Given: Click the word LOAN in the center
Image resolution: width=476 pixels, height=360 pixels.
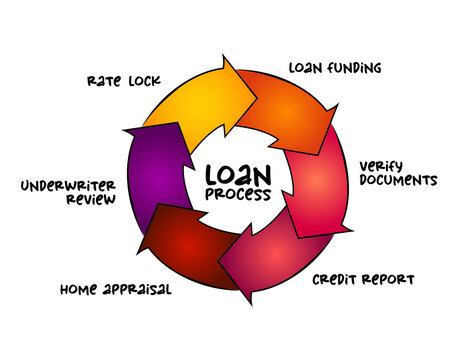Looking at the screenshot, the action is click(236, 170).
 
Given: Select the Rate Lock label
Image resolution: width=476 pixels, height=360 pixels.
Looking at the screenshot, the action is click(123, 80).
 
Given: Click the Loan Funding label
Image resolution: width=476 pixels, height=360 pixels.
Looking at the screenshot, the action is click(335, 69).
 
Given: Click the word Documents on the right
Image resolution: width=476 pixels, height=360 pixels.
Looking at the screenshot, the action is click(399, 181).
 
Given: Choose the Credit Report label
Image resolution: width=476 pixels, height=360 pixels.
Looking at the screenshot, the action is click(362, 278).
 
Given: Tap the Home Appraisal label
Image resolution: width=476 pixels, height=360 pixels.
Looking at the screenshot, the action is click(115, 290).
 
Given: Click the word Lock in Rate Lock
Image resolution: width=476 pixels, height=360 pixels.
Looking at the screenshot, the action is click(144, 80).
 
